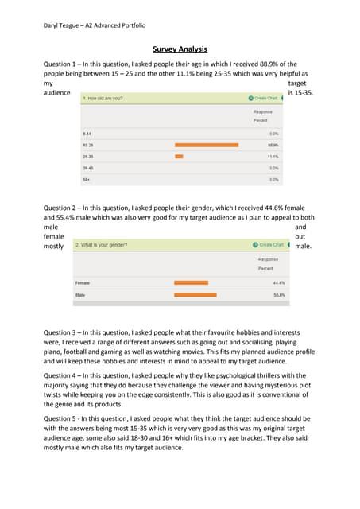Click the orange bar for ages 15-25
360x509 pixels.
tap(201, 145)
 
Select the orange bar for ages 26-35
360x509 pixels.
tap(179, 157)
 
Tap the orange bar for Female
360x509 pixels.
tap(191, 282)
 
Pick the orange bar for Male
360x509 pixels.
tap(195, 295)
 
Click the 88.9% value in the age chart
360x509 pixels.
tap(273, 145)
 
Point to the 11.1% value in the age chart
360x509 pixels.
tap(273, 157)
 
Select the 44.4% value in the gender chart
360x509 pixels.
tap(279, 282)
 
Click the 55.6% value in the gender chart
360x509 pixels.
tap(279, 295)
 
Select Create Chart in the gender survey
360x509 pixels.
tap(270, 244)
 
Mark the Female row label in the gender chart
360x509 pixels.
tap(83, 282)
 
